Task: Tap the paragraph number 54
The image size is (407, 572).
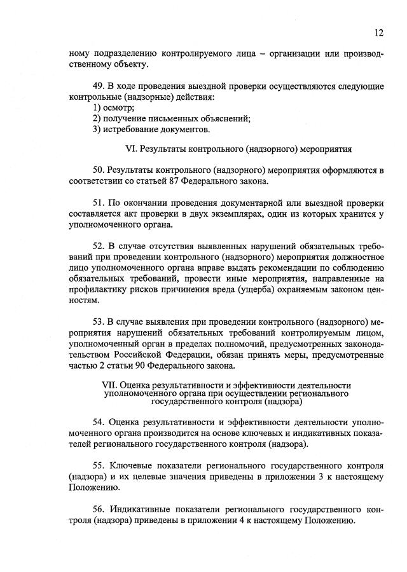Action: tap(99, 422)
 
